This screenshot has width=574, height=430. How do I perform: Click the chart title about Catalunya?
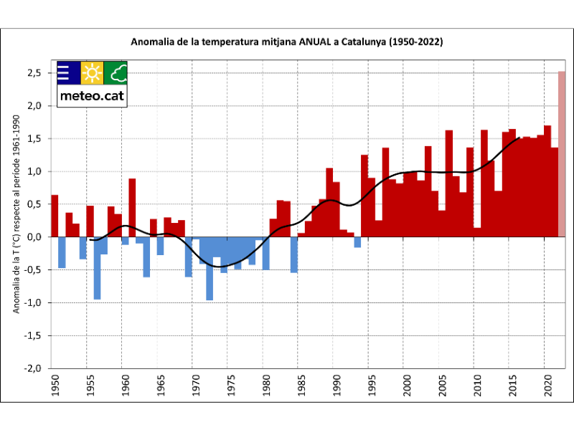click(x=287, y=42)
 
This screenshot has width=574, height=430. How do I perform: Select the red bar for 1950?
click(x=55, y=216)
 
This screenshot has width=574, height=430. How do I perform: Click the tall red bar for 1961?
click(x=132, y=208)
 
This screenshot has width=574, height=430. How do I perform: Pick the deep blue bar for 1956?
click(x=97, y=268)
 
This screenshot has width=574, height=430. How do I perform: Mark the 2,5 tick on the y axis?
click(x=34, y=73)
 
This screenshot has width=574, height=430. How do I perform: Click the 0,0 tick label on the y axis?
click(x=34, y=236)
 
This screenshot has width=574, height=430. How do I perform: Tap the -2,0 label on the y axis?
click(x=32, y=368)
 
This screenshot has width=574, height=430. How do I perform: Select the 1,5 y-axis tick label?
click(x=34, y=138)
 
